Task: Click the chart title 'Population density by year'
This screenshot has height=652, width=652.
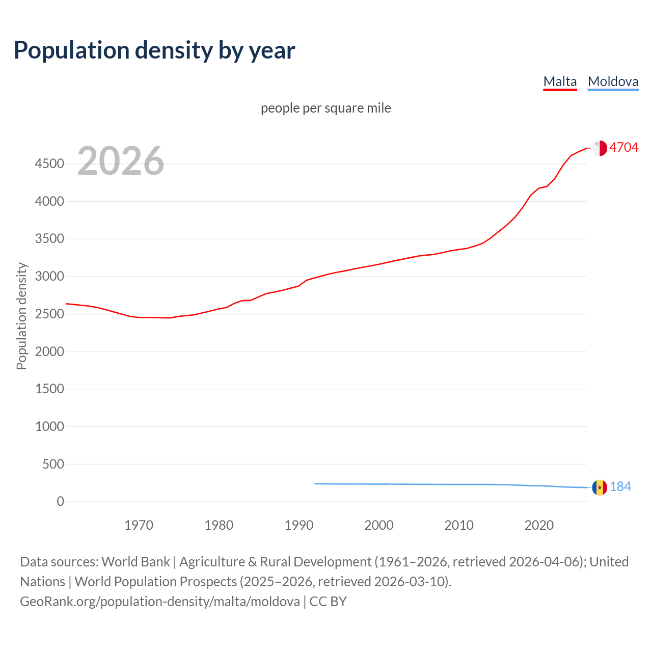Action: [x=154, y=50]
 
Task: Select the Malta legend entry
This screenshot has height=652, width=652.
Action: [x=560, y=81]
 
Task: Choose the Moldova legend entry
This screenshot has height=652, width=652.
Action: [x=613, y=81]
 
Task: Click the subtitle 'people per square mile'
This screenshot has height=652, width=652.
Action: [x=325, y=108]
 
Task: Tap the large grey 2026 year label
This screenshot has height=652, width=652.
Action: [x=121, y=161]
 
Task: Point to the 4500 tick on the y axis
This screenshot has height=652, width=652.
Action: [x=49, y=164]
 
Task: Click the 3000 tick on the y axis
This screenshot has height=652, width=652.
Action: [x=49, y=276]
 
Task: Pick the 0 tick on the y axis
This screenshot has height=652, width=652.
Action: [x=61, y=501]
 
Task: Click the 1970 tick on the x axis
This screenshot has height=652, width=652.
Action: [x=139, y=525]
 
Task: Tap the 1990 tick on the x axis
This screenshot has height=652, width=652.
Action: [x=299, y=525]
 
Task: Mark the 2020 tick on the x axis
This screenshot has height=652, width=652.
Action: [x=539, y=525]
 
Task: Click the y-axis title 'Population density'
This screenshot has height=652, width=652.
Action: [x=21, y=316]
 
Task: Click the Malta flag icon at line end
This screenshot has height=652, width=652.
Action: [x=600, y=148]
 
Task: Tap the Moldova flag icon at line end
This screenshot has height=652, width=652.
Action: [x=600, y=487]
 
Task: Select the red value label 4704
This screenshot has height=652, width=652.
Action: [x=623, y=147]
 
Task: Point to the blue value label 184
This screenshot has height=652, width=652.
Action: [x=620, y=487]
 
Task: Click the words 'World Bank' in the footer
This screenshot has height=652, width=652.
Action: [x=135, y=561]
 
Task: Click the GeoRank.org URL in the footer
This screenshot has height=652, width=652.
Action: [x=160, y=601]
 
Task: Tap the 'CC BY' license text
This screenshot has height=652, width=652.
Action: [x=328, y=601]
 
